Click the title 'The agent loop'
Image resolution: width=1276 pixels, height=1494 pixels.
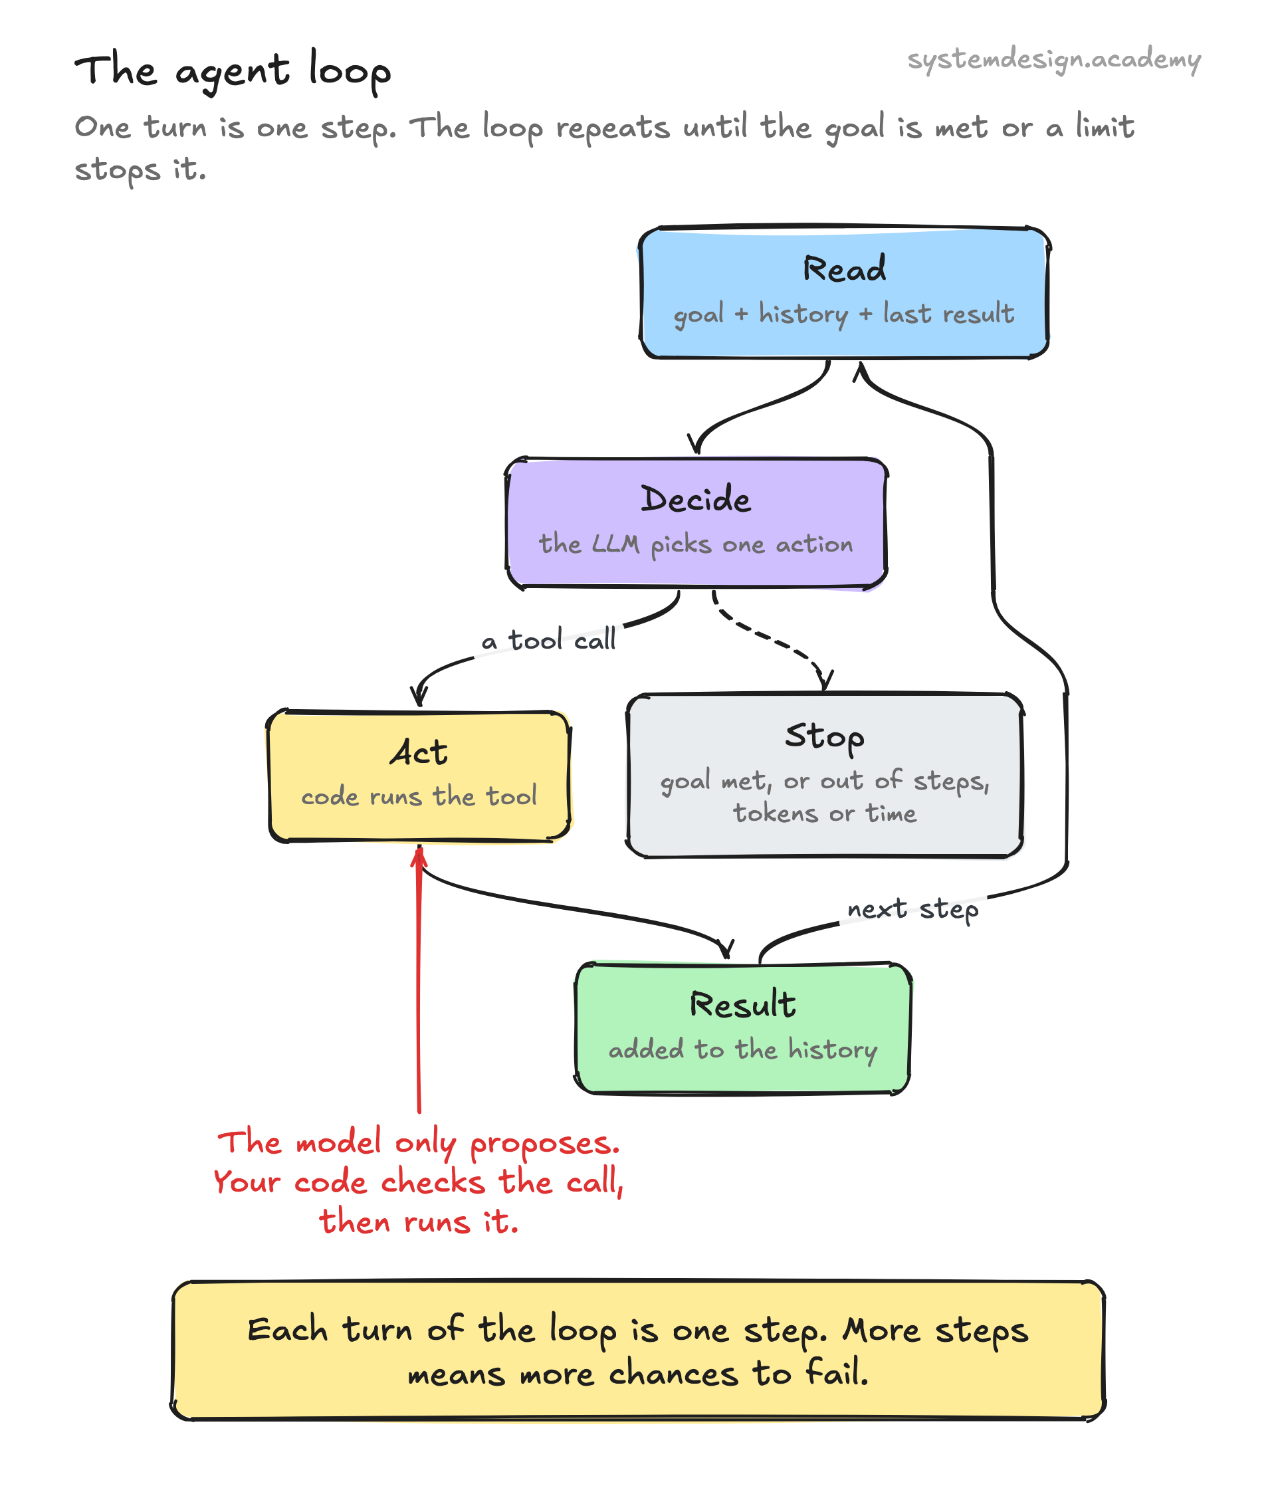tap(232, 70)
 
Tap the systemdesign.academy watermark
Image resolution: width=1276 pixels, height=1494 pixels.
tap(1053, 58)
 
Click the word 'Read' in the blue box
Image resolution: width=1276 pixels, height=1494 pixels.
tap(844, 269)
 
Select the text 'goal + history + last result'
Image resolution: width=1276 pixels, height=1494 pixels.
tap(843, 314)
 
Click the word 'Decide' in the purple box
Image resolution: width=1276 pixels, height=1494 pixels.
tap(696, 499)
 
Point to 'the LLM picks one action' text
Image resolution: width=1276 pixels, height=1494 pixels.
tap(696, 544)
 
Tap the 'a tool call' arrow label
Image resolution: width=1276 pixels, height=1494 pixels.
tap(548, 639)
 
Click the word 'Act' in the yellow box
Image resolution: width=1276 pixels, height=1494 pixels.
tap(419, 752)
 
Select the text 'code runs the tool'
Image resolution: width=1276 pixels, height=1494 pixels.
tap(419, 796)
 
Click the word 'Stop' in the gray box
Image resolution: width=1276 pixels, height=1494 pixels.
tap(825, 737)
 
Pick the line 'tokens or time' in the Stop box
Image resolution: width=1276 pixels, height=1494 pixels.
tap(825, 813)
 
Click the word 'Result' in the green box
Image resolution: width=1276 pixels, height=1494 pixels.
tap(742, 1004)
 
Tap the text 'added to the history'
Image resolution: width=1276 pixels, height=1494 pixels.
tap(742, 1050)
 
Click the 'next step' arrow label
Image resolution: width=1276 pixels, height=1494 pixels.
tap(912, 909)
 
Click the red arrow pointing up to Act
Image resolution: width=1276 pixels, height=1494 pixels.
tap(419, 981)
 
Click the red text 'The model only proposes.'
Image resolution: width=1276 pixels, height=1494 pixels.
tap(419, 1143)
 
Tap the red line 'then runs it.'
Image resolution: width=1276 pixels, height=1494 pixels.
tap(419, 1222)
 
